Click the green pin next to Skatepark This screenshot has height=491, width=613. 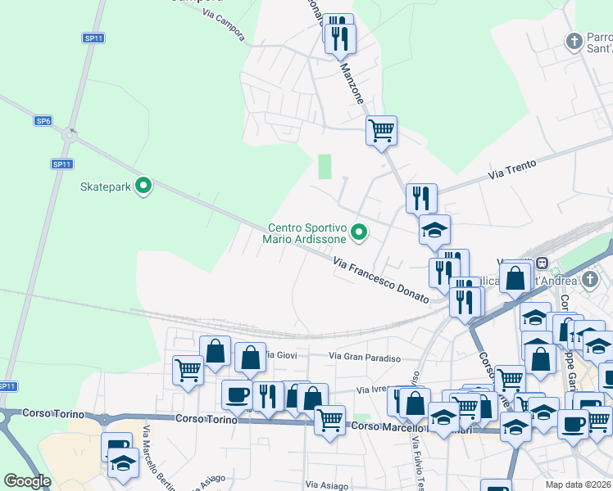click(144, 187)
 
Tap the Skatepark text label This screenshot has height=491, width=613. click(106, 187)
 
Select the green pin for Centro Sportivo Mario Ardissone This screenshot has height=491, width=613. click(358, 233)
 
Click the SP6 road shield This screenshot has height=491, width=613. click(43, 121)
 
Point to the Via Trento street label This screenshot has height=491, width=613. click(511, 169)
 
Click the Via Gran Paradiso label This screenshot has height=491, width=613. click(365, 357)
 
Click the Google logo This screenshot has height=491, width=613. click(27, 481)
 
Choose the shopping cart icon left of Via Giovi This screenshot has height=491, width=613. click(188, 369)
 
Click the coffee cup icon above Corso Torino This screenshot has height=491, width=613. click(237, 394)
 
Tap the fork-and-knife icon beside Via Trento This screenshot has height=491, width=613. click(421, 197)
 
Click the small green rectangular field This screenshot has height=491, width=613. click(325, 167)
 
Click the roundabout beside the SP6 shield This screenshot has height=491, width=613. click(73, 133)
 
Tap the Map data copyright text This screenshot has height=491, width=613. click(579, 484)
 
